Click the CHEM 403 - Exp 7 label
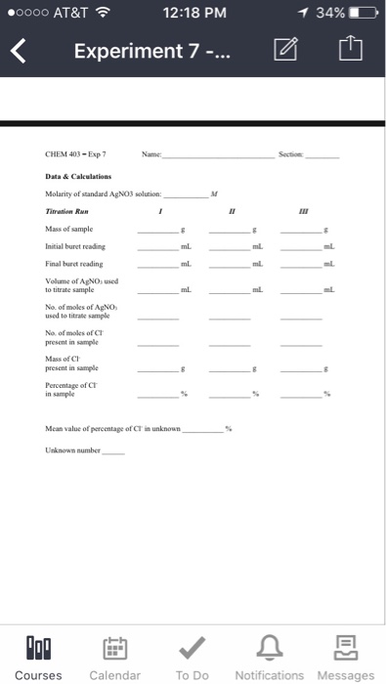(x=74, y=154)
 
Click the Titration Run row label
(x=69, y=211)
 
